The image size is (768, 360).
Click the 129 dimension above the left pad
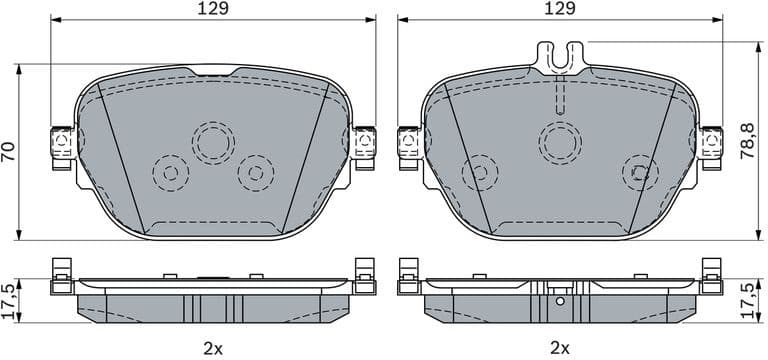click(x=212, y=9)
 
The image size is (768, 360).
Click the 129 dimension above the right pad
click(x=560, y=9)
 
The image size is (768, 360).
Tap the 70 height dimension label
click(x=9, y=151)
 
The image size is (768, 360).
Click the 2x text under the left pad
click(x=212, y=347)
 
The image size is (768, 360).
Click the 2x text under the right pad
click(x=560, y=347)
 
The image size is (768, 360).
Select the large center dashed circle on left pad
click(x=212, y=143)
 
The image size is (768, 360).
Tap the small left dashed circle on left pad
click(x=170, y=173)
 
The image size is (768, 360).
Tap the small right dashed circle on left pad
click(x=255, y=173)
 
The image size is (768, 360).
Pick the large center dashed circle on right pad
click(x=560, y=142)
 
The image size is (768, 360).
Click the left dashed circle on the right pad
click(x=480, y=172)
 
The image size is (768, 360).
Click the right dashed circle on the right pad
click(x=640, y=172)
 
